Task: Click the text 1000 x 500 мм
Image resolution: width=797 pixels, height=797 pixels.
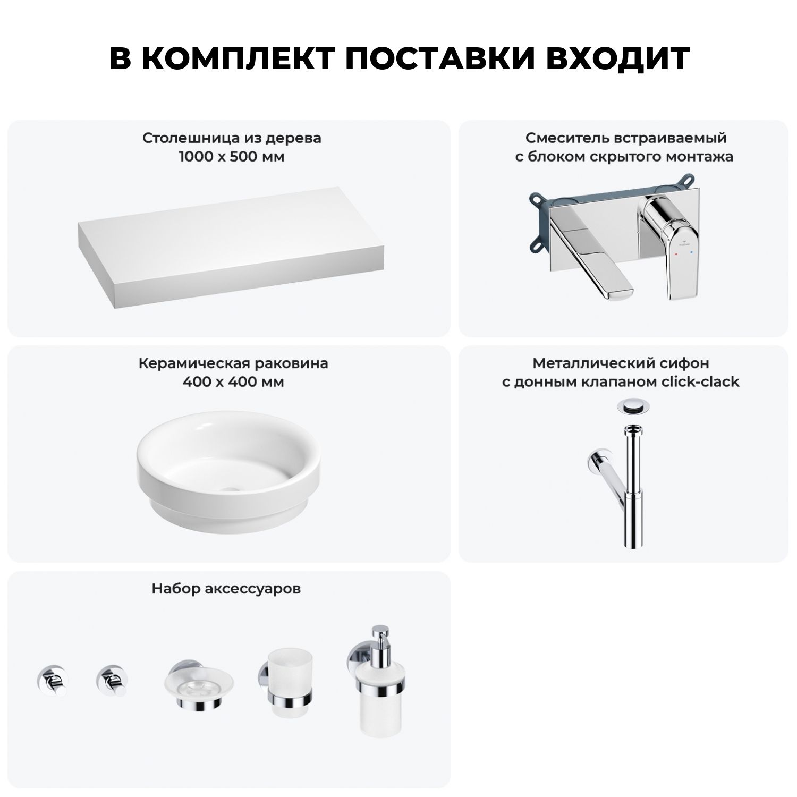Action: click(x=232, y=157)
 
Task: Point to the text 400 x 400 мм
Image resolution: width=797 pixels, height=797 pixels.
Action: click(x=233, y=382)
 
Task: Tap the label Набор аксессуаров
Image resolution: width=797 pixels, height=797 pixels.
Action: click(x=226, y=589)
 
